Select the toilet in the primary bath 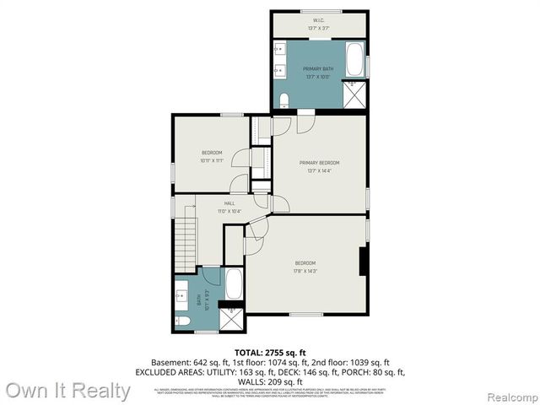pyautogui.click(x=283, y=100)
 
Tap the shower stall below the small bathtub pyautogui.click(x=231, y=319)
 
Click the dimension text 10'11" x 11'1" pyautogui.click(x=212, y=159)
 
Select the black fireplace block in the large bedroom pyautogui.click(x=363, y=262)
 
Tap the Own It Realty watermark pyautogui.click(x=67, y=391)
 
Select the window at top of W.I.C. pyautogui.click(x=319, y=11)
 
